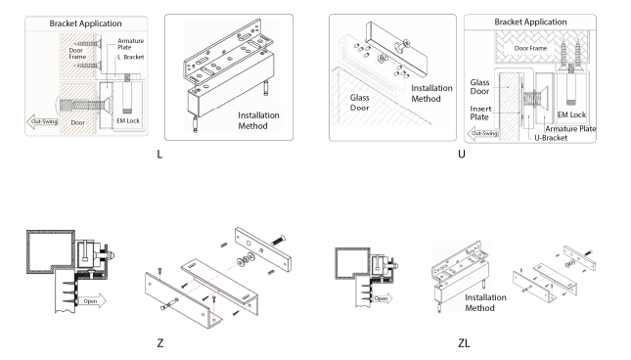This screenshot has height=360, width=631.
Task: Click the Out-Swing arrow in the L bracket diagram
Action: click(43, 121)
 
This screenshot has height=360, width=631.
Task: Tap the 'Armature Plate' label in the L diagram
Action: click(130, 44)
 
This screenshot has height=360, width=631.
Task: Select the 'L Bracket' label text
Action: click(131, 57)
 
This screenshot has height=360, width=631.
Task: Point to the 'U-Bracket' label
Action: click(551, 138)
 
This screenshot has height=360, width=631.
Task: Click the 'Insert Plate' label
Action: click(480, 113)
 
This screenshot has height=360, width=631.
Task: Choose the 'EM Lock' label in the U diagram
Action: click(571, 115)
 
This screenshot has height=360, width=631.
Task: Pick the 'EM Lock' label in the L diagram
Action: click(128, 120)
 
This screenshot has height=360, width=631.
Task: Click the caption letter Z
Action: click(160, 343)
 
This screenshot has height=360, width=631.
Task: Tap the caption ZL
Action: click(464, 343)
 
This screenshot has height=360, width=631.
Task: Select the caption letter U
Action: click(462, 154)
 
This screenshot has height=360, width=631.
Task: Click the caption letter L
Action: click(159, 154)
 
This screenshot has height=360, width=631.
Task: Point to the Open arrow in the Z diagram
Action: click(92, 301)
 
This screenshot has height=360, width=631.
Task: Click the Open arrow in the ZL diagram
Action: click(382, 298)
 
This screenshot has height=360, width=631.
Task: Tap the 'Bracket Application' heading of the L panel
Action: click(85, 23)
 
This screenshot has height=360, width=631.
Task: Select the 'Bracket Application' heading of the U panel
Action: click(530, 22)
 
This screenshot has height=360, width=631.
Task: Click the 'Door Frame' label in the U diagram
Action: click(530, 48)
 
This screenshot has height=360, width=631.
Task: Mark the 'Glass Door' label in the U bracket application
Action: click(479, 86)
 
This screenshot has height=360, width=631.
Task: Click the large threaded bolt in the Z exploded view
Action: click(278, 240)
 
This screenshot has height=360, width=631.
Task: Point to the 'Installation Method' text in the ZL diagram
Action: click(485, 302)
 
